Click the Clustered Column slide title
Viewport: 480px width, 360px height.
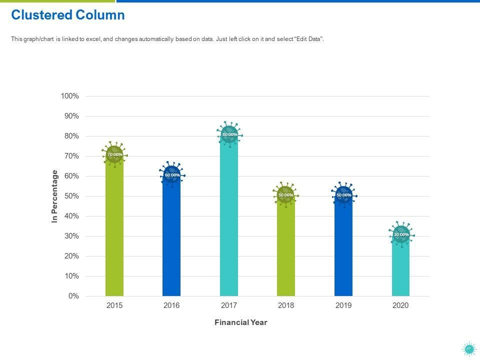68,15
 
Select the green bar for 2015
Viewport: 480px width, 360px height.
114,230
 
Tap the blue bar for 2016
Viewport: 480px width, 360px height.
171,240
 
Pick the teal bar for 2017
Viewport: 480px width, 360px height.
229,220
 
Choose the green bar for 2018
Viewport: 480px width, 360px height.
286,250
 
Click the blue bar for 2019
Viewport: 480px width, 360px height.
343,250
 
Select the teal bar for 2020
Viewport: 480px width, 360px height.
400,270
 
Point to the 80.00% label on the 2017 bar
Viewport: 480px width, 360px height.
229,134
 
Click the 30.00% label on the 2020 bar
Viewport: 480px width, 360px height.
401,234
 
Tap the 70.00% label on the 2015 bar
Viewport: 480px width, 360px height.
114,154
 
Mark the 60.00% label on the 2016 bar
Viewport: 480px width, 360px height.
172,175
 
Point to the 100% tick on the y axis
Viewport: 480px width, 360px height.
70,96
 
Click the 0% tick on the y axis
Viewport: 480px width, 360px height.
73,296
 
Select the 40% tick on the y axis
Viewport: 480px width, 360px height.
71,216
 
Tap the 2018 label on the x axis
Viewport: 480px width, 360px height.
286,305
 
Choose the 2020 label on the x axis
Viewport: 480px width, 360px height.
400,305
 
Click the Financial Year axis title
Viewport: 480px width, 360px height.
240,322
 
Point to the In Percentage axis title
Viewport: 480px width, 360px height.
55,196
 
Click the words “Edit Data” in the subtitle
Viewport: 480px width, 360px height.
310,39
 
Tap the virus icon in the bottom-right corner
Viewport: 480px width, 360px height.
469,349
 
